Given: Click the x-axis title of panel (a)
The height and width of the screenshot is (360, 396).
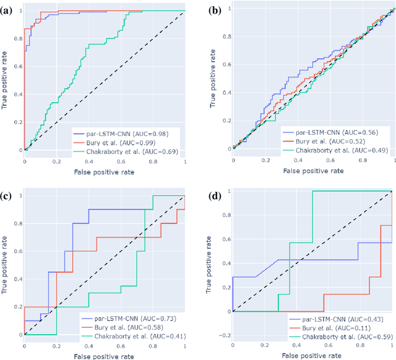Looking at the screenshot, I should tap(105, 171).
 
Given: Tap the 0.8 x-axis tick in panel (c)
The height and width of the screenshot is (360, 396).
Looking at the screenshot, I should tap(153, 344).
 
